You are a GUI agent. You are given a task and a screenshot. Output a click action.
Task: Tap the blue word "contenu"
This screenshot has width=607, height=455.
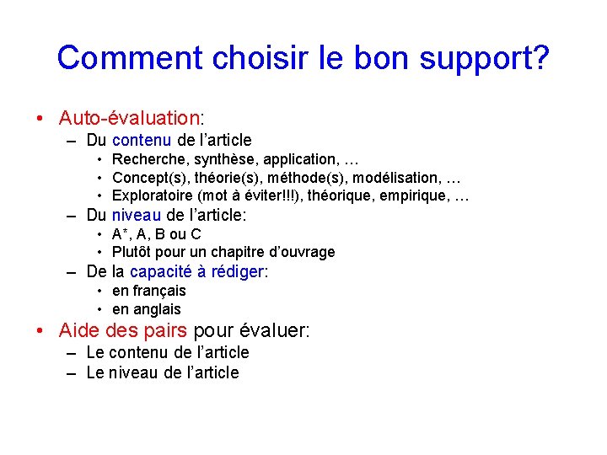pyautogui.click(x=142, y=140)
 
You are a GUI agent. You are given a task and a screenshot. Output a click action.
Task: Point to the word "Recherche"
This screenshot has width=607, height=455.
pyautogui.click(x=148, y=159)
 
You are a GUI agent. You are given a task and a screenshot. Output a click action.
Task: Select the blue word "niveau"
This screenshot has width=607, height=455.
pyautogui.click(x=137, y=215)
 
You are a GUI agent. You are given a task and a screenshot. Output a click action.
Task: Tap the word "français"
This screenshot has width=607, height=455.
pyautogui.click(x=159, y=291)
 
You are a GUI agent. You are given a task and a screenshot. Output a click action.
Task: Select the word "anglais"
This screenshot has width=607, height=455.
pyautogui.click(x=157, y=309)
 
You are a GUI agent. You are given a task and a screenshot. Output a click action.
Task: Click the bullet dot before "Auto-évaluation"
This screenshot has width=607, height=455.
pyautogui.click(x=41, y=117)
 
